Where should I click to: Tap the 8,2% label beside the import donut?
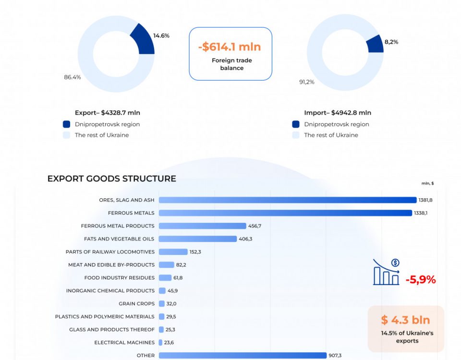pos(391,42)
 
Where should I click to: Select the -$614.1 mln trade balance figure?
pos(230,47)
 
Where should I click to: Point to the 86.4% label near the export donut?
pos(73,77)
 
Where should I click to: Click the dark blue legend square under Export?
pos(66,124)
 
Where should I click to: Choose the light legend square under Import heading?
pos(296,135)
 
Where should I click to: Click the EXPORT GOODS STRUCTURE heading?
pos(111,179)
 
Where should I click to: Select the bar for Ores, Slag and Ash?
pos(287,200)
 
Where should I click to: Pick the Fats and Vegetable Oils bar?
pos(197,239)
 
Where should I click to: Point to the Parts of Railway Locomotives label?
pos(110,252)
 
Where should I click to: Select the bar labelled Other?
pos(242,355)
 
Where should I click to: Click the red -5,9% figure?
pos(421,279)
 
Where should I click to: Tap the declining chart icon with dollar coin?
pos(387,272)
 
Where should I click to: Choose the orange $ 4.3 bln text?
pos(406,320)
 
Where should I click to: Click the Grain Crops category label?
pos(136,303)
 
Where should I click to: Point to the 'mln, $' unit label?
pos(427,183)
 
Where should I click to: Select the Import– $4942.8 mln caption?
pos(338,113)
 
